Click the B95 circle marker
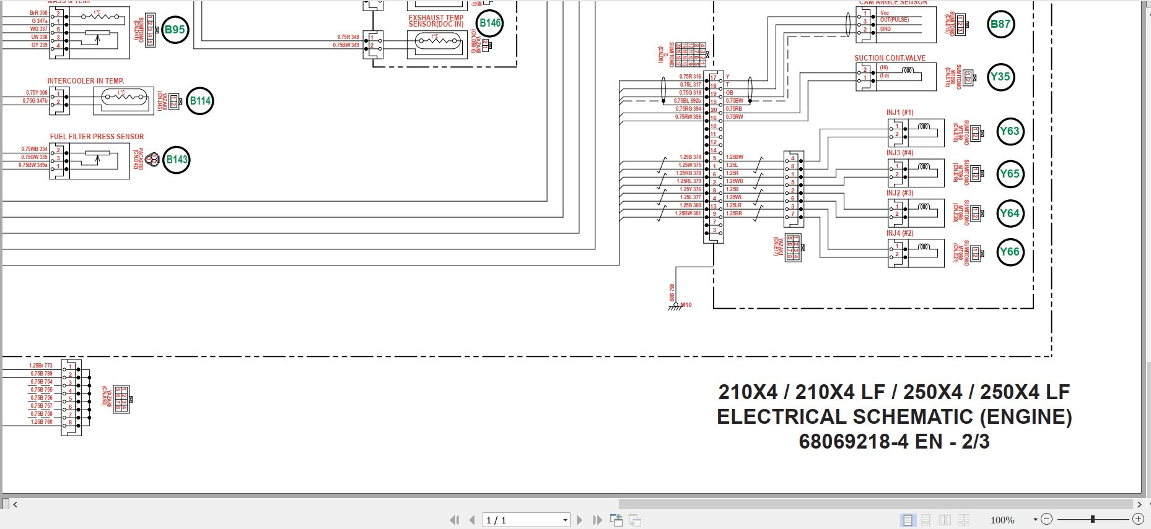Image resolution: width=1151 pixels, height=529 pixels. [175, 30]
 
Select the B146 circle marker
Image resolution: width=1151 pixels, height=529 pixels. [490, 24]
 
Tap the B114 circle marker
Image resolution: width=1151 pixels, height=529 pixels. [200, 101]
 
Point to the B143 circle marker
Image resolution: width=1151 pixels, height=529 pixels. [177, 160]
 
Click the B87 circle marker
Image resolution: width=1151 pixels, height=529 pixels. [1000, 25]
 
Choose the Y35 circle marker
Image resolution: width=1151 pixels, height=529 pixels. [1000, 77]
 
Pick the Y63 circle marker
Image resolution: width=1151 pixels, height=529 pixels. [1010, 132]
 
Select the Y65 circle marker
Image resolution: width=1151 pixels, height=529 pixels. [1010, 174]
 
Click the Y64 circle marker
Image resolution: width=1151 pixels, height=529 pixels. [1010, 213]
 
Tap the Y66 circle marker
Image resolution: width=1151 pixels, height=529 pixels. [1010, 252]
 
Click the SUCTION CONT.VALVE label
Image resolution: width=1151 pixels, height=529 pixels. [890, 58]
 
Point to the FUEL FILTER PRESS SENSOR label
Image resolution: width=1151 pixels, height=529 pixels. [97, 137]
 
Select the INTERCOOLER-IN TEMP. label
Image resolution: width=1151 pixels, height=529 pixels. [85, 81]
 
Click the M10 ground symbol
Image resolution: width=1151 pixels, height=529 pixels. [676, 307]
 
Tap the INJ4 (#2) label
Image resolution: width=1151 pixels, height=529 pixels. [899, 233]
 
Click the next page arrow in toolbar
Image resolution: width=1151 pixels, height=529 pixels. [580, 520]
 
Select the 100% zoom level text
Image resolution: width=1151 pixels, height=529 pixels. [1002, 520]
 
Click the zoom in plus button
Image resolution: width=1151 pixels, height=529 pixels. [1138, 519]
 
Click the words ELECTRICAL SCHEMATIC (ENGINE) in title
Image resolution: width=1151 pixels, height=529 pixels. [894, 417]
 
